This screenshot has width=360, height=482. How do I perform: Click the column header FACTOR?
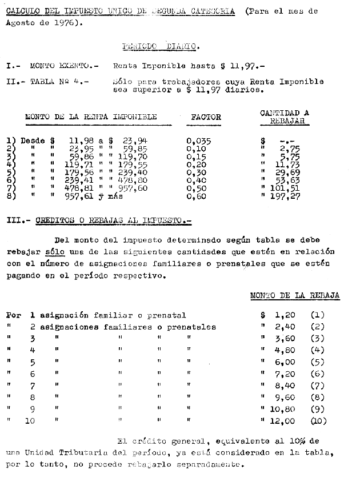206,117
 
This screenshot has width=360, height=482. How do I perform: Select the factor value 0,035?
199,140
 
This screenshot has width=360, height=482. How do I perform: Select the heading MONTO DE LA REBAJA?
295,295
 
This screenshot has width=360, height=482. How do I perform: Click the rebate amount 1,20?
284,315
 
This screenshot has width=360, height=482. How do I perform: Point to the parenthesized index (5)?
317,362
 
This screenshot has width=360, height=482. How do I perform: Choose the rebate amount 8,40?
284,385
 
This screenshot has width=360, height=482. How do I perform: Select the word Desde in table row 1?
33,140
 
